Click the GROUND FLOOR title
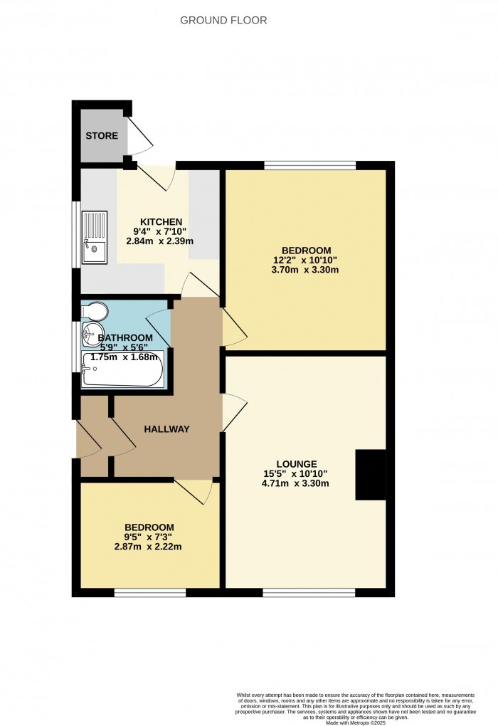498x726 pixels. [223, 20]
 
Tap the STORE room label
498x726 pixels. [102, 135]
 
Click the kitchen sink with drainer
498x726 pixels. [94, 237]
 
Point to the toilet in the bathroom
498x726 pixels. [93, 311]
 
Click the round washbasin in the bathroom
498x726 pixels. [90, 330]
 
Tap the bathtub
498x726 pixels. [123, 369]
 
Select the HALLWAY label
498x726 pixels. [166, 428]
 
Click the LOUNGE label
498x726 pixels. [298, 463]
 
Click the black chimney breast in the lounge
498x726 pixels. [370, 475]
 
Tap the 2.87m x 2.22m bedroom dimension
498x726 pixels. [149, 547]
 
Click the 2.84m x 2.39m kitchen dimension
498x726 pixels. [160, 241]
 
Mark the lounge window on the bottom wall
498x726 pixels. [309, 592]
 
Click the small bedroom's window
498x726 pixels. [150, 592]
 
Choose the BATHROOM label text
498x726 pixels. [125, 337]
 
